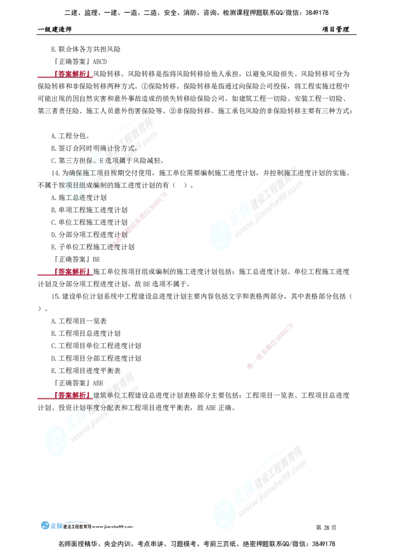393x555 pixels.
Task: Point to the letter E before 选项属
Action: click(x=102, y=160)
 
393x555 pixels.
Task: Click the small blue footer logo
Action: click(x=51, y=525)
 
